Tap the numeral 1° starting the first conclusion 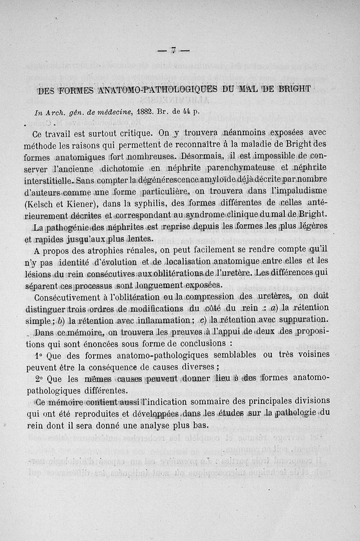pos(39,355)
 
